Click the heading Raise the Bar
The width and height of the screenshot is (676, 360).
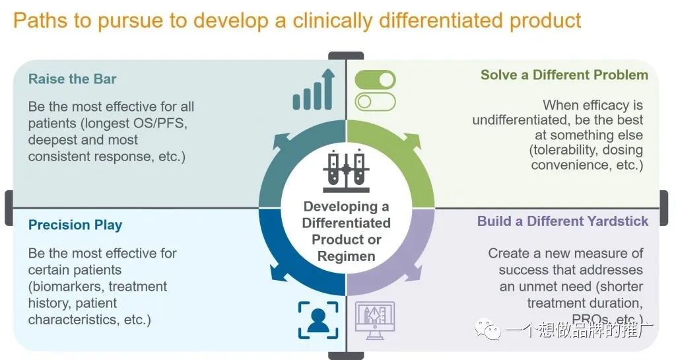tap(73, 79)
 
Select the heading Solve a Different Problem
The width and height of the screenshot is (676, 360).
tap(564, 75)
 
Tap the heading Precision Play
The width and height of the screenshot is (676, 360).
tap(75, 225)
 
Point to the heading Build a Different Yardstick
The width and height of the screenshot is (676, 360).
tap(562, 221)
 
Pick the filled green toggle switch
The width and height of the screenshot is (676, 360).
tap(375, 79)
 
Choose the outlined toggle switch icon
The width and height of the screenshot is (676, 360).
tap(375, 102)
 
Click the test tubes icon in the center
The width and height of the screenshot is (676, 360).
tap(346, 172)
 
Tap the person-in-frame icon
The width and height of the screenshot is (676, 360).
tap(318, 320)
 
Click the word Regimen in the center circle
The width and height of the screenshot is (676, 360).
tap(346, 256)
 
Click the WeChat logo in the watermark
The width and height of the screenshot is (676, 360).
tap(487, 330)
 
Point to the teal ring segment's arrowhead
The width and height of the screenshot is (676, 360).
tap(279, 141)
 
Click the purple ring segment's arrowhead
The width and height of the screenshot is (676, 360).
tap(413, 274)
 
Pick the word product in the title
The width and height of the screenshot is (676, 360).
tap(545, 20)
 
